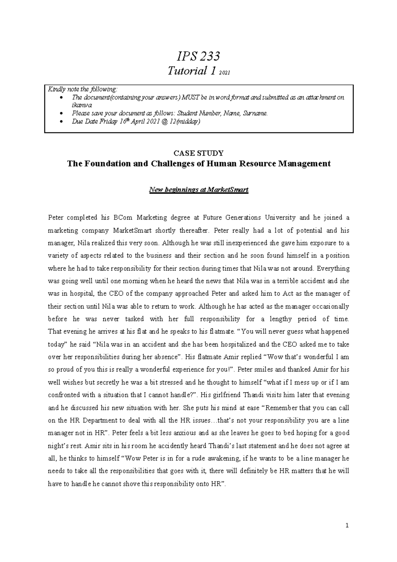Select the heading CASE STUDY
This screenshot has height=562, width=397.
pos(198,153)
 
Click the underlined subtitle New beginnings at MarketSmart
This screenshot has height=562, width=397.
pos(198,190)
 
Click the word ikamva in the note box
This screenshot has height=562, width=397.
pos(79,105)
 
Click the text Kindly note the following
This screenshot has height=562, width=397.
pos(82,89)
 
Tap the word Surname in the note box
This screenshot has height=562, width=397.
pos(255,114)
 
